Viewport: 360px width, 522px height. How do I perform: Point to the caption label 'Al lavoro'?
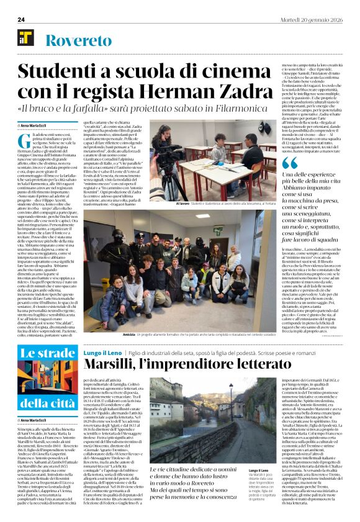[183, 203]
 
